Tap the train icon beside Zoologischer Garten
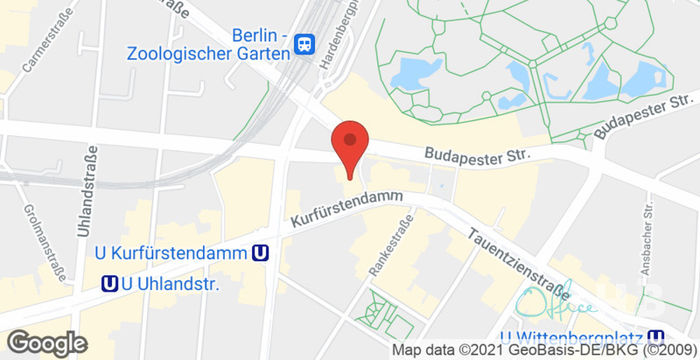[305, 44]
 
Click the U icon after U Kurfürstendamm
[261, 254]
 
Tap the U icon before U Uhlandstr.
[109, 284]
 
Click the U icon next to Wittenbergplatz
[656, 337]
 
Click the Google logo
[46, 343]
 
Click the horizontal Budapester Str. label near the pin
[476, 155]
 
